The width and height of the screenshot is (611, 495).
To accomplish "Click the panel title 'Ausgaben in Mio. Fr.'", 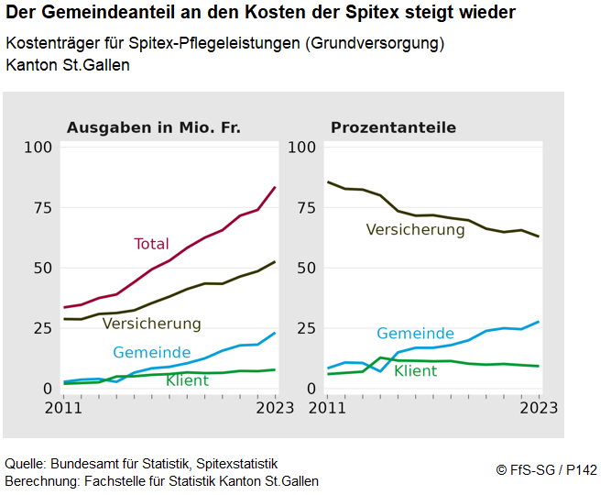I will click(x=153, y=127).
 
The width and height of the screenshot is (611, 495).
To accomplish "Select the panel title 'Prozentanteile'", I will click(x=393, y=127).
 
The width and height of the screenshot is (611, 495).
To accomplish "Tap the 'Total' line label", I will click(x=151, y=244).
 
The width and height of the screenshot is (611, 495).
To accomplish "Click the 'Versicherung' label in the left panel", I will click(x=151, y=324).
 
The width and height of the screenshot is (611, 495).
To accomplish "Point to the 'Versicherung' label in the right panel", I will click(x=415, y=229).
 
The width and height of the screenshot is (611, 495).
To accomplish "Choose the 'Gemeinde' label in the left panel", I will click(x=152, y=353).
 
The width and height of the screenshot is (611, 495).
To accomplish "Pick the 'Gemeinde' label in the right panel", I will click(x=415, y=334).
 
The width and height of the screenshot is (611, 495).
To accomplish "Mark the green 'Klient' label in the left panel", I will click(x=187, y=379).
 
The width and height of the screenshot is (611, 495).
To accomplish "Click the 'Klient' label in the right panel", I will click(x=415, y=370).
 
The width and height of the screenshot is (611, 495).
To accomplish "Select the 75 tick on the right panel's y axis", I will click(x=307, y=207).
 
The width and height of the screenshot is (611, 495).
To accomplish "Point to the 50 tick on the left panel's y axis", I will click(x=42, y=268).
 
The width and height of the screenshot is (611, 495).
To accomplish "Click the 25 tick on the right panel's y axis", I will click(x=307, y=328).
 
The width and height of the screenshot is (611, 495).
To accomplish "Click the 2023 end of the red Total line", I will click(x=275, y=187).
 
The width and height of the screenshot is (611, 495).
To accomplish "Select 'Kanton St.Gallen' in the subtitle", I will click(x=67, y=65).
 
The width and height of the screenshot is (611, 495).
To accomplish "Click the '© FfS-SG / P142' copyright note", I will click(x=546, y=469).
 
